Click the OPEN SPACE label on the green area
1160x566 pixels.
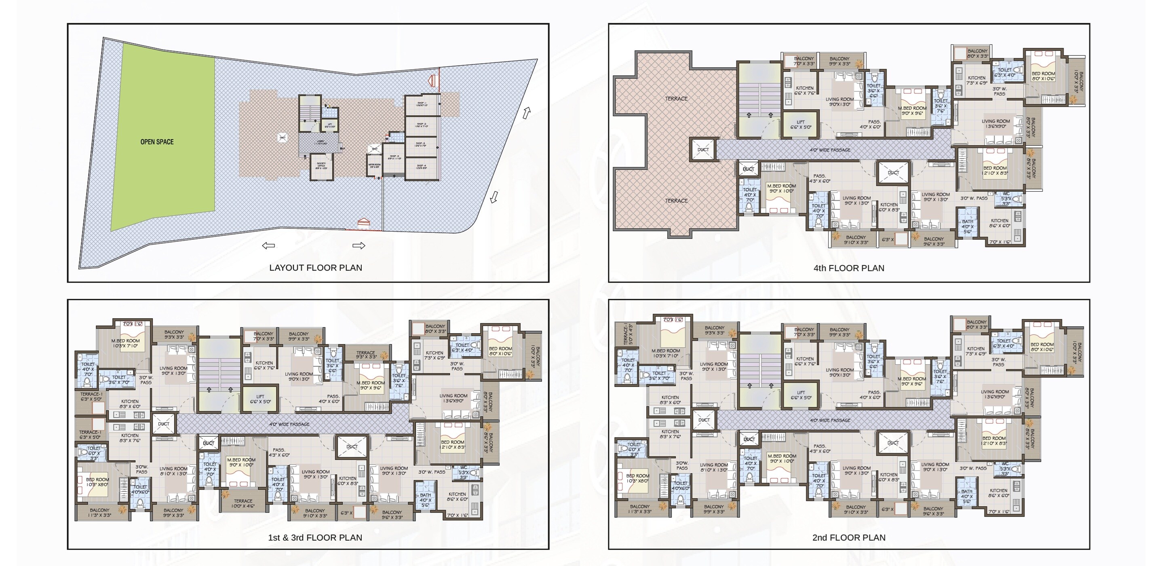(x=157, y=142)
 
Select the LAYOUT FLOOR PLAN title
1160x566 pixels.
(x=315, y=268)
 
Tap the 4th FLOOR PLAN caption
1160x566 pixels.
(x=848, y=268)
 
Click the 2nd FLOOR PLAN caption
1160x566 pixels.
(x=848, y=537)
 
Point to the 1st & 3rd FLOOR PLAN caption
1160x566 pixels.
(x=315, y=537)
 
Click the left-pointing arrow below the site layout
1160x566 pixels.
(x=268, y=245)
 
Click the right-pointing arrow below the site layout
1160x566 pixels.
(x=359, y=245)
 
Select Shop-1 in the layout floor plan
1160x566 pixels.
(x=422, y=104)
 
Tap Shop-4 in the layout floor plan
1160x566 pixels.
(x=422, y=167)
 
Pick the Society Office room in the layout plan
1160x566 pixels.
(x=321, y=166)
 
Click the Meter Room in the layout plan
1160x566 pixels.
(x=374, y=166)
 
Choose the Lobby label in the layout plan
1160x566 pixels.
(x=321, y=142)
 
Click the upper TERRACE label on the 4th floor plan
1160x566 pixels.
(x=676, y=99)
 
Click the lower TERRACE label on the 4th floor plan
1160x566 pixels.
(x=676, y=201)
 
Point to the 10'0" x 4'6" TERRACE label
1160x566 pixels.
(x=243, y=503)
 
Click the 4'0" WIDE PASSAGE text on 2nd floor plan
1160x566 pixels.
(x=830, y=420)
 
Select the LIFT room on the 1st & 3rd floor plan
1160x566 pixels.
(x=260, y=399)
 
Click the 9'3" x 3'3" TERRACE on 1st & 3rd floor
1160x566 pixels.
(x=366, y=355)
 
